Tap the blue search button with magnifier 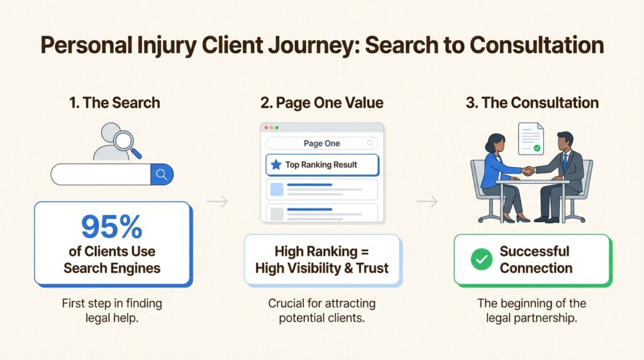pos(162,174)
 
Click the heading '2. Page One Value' pos(322,103)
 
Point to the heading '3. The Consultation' pos(532,103)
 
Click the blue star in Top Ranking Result pos(275,165)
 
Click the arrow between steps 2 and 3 pos(427,202)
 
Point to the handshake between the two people pos(528,170)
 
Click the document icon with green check pos(530,138)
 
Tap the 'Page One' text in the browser pos(321,143)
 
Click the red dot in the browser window pos(266,127)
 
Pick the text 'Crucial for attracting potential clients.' pos(322,310)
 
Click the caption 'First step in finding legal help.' pos(112,310)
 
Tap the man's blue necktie pos(564,161)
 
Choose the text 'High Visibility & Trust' pos(322,268)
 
